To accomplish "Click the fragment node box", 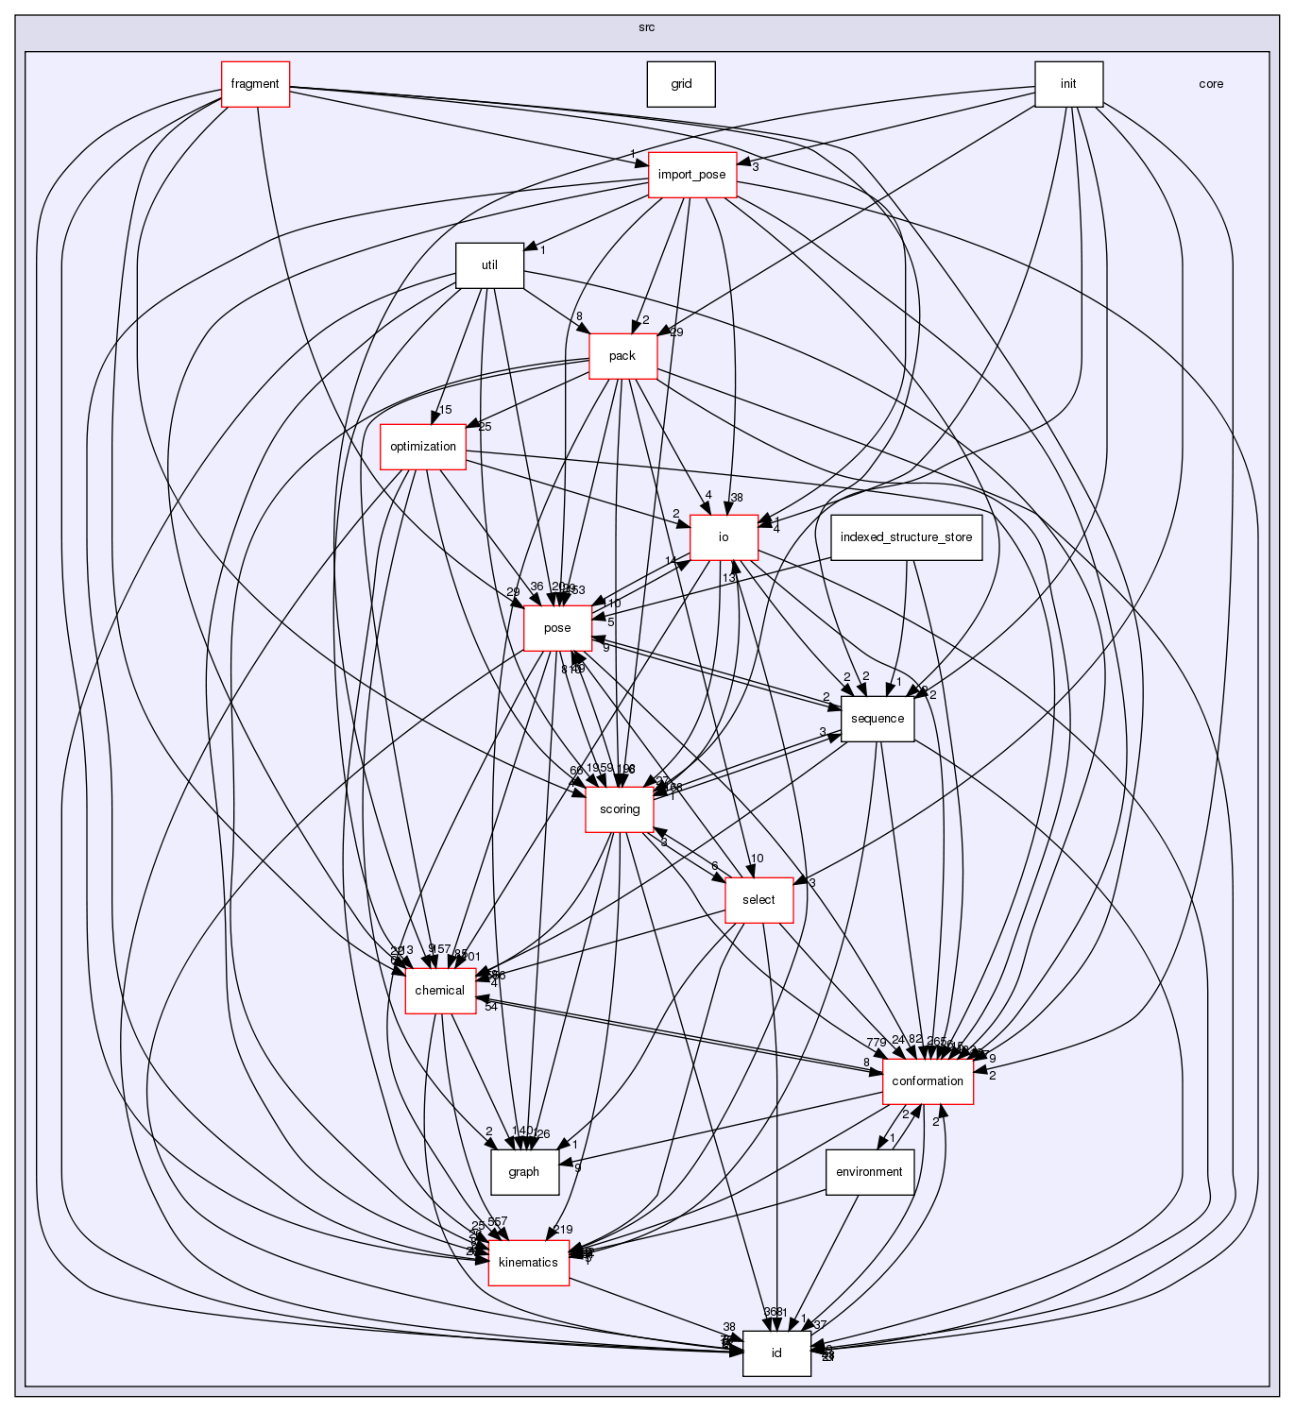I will click(255, 84).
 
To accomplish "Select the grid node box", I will click(681, 84).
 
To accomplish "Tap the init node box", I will click(1068, 84).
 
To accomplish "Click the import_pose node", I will click(692, 175).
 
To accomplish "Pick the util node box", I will click(489, 265).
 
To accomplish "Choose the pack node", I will click(622, 356).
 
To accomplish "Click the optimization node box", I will click(423, 447).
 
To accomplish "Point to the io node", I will click(724, 537).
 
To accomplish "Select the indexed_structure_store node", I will click(906, 537).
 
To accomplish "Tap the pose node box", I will click(557, 628).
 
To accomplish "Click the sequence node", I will click(878, 719).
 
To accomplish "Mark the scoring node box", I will click(620, 809).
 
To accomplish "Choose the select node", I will click(758, 900).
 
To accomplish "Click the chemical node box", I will click(440, 991).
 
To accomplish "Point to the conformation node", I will click(928, 1081).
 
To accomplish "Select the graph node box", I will click(524, 1172).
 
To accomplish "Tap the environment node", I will click(869, 1172).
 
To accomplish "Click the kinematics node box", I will click(528, 1263).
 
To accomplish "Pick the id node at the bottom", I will click(776, 1353).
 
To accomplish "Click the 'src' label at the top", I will click(646, 27).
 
